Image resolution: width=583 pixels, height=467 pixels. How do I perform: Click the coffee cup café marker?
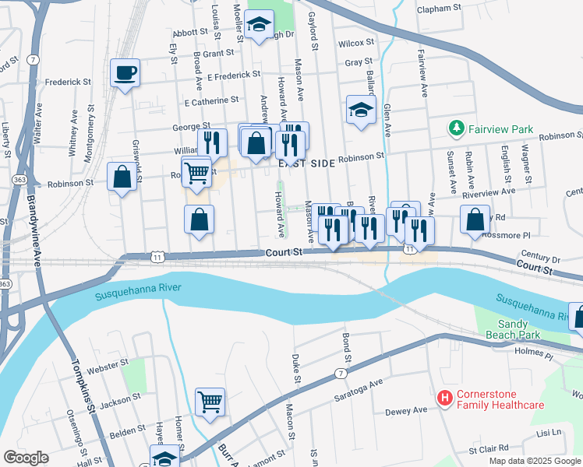(125, 74)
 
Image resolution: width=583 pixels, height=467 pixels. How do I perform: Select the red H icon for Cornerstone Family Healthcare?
(445, 399)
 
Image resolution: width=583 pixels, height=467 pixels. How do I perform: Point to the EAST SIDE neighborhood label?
(306, 163)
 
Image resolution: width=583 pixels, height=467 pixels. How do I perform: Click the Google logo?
(26, 458)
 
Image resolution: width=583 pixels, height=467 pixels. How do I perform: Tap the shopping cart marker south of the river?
(210, 402)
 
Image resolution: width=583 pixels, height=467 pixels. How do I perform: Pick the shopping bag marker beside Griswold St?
(123, 177)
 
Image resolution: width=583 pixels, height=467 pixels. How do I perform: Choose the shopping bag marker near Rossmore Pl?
(475, 219)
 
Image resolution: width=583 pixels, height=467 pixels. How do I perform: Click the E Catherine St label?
(210, 101)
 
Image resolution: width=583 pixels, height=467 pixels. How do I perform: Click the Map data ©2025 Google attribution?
(535, 461)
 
